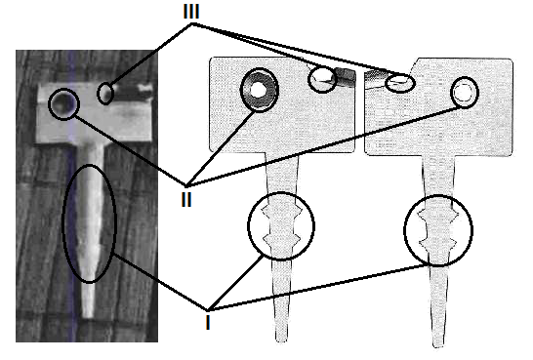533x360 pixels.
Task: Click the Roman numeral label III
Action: pos(191,12)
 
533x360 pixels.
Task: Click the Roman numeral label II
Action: pos(186,199)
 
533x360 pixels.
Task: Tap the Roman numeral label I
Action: pos(208,322)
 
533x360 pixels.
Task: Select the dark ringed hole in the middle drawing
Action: pos(260,90)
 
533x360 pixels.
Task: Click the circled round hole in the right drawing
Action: pos(465,93)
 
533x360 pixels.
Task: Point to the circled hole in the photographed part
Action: pos(63,104)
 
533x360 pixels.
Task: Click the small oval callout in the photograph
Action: pos(105,93)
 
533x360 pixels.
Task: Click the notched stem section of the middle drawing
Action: pos(281,226)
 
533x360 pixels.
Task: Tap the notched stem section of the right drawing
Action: pos(438,230)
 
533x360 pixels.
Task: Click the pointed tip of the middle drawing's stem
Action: pos(282,340)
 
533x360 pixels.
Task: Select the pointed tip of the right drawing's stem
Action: pos(438,345)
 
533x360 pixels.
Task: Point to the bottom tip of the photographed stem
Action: pos(89,316)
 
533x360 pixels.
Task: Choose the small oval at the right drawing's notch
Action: pos(400,83)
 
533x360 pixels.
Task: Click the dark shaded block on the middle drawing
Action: pos(346,77)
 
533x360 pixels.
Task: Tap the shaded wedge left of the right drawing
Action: pos(375,78)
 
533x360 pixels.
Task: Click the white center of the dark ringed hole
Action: pos(258,90)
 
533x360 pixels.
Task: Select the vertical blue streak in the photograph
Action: pos(71,195)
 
